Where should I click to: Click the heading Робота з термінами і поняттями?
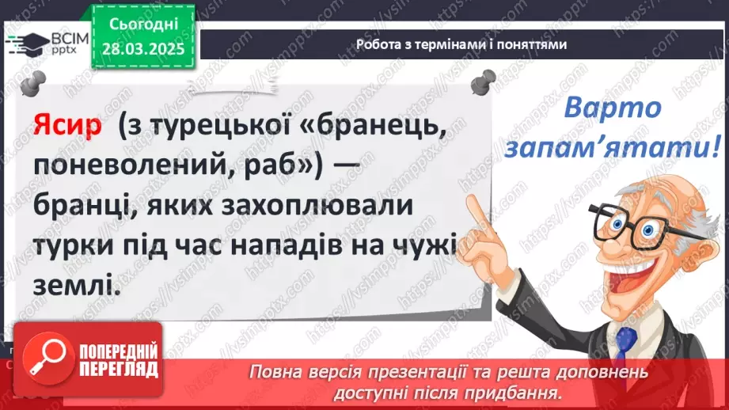coord(461,44)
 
